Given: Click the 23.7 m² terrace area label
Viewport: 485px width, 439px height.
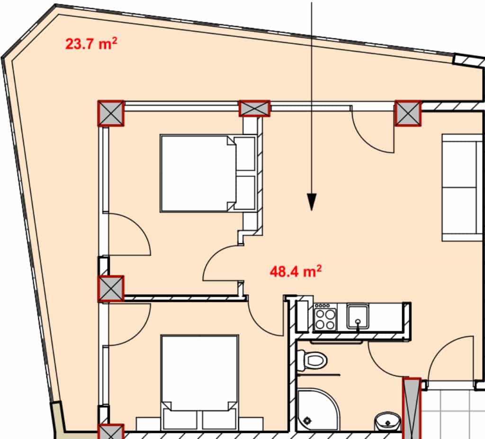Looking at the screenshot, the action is tap(91, 44).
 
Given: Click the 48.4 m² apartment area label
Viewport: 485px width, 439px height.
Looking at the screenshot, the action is tap(296, 272).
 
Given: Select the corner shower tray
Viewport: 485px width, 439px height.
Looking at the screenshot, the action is tap(318, 410).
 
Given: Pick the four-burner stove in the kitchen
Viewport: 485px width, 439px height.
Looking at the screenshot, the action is tap(325, 317).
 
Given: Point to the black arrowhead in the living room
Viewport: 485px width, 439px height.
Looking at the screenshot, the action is tap(312, 202).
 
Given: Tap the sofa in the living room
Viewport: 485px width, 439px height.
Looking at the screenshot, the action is tap(462, 187).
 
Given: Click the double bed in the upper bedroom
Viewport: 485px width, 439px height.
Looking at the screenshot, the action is tap(208, 174).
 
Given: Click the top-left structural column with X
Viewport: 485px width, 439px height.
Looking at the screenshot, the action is tap(111, 114).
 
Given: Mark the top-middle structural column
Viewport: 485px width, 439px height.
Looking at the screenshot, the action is tap(254, 108).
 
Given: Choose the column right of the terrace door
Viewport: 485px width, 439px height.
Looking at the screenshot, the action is tap(408, 114).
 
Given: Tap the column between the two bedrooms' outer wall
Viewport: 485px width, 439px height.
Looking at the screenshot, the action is tap(111, 289).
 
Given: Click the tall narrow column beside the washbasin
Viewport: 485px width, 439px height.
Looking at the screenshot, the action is tap(412, 408).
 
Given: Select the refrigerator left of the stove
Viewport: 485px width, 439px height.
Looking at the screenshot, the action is tap(303, 316).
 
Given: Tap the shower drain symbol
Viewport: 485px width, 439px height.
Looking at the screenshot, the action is tap(307, 421).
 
